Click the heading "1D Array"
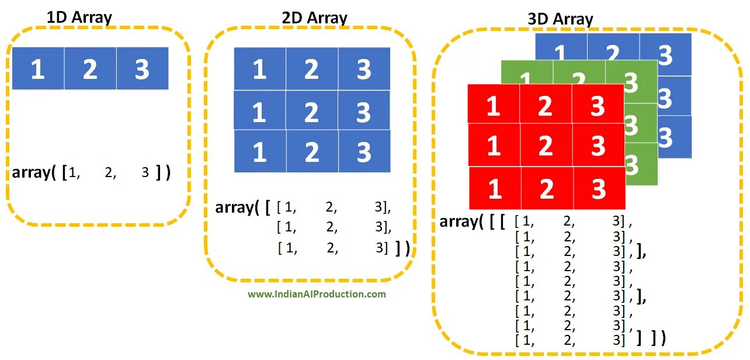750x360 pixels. tap(79, 16)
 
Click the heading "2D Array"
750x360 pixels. tap(314, 18)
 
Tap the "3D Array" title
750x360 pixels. tap(560, 19)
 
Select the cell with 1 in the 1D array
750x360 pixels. tap(38, 69)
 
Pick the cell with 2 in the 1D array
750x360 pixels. tap(90, 69)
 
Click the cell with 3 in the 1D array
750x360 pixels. tap(143, 69)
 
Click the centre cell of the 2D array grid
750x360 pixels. tap(312, 111)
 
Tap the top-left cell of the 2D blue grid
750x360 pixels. tap(260, 70)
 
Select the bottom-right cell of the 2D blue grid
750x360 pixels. tap(364, 152)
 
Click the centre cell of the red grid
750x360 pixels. tap(546, 145)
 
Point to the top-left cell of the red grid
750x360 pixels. tap(494, 106)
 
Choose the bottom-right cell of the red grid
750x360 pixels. tap(599, 189)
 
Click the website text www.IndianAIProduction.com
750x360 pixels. tap(317, 294)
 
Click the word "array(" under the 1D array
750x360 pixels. tap(34, 173)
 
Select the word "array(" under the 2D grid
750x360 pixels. tap(237, 207)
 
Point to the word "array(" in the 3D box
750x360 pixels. tap(461, 221)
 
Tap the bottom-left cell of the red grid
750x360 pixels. tap(495, 189)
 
